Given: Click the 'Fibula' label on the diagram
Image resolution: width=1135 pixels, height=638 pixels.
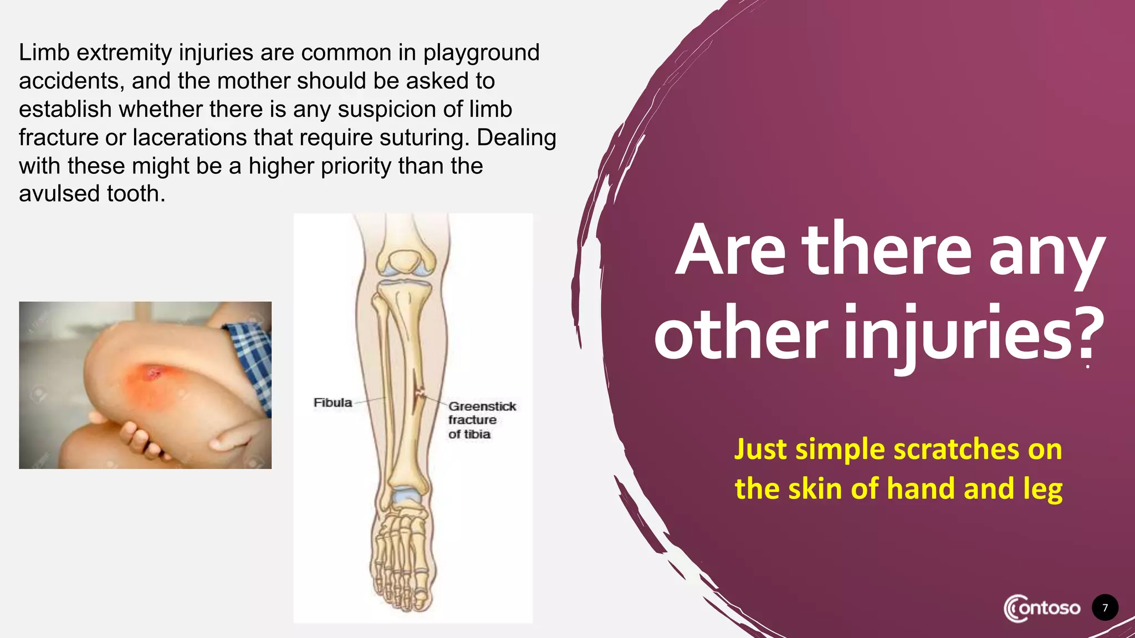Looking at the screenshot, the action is [x=333, y=403].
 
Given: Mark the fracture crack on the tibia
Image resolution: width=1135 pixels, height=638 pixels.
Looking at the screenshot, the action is [x=418, y=393].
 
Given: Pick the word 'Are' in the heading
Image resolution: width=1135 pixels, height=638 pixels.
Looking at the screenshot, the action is [x=730, y=250].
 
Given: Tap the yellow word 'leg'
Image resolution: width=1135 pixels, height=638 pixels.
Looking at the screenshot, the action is [x=1043, y=490].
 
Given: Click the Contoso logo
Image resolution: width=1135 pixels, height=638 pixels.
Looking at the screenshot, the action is [x=1042, y=608].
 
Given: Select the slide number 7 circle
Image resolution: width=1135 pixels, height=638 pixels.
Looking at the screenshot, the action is [x=1105, y=608].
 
